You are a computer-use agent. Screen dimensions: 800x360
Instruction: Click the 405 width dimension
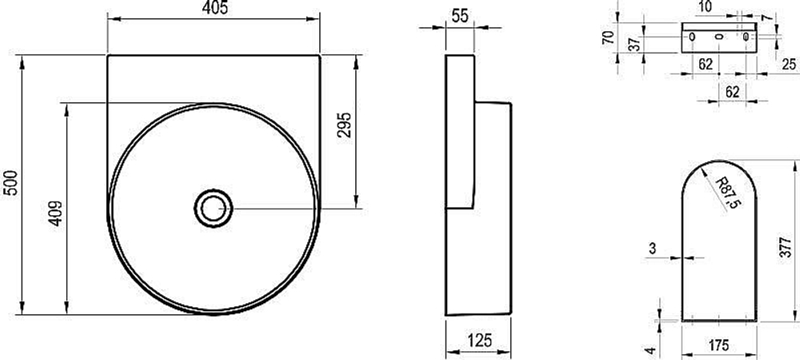214,8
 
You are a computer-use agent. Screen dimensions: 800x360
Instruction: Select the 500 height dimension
10,183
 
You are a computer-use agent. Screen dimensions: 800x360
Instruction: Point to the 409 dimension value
56,214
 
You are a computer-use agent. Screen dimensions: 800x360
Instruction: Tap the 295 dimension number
344,125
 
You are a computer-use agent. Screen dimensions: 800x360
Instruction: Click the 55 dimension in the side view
460,16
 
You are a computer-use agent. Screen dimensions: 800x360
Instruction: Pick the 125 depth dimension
478,340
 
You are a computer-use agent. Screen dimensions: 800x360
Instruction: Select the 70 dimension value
607,38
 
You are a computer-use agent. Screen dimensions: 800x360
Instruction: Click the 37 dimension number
634,44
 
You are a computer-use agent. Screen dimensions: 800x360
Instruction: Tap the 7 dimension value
764,17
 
